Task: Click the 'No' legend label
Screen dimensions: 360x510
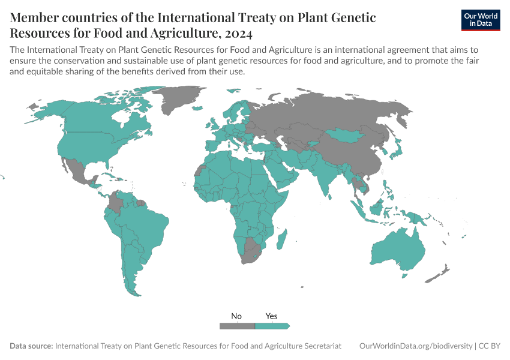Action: (237, 316)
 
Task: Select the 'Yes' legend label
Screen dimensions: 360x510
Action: (271, 316)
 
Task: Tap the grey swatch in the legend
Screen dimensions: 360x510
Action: (237, 326)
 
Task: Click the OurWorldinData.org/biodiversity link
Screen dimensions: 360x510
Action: (415, 346)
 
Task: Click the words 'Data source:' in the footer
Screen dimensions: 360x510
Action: (31, 346)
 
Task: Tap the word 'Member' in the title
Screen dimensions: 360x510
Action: (35, 17)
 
